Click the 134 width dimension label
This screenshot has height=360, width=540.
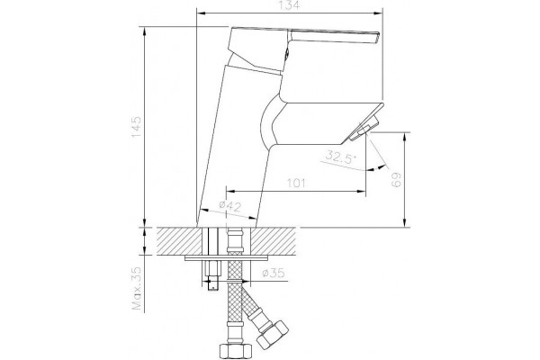click(290, 4)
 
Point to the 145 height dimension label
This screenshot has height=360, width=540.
click(136, 127)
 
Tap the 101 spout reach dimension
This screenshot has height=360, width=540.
click(296, 183)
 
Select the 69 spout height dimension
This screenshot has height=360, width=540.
click(396, 180)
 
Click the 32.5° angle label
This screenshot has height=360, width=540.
click(341, 157)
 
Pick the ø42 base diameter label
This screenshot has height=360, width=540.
click(230, 206)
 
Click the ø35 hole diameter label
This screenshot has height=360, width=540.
click(274, 273)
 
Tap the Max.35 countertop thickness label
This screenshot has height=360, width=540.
click(137, 288)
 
